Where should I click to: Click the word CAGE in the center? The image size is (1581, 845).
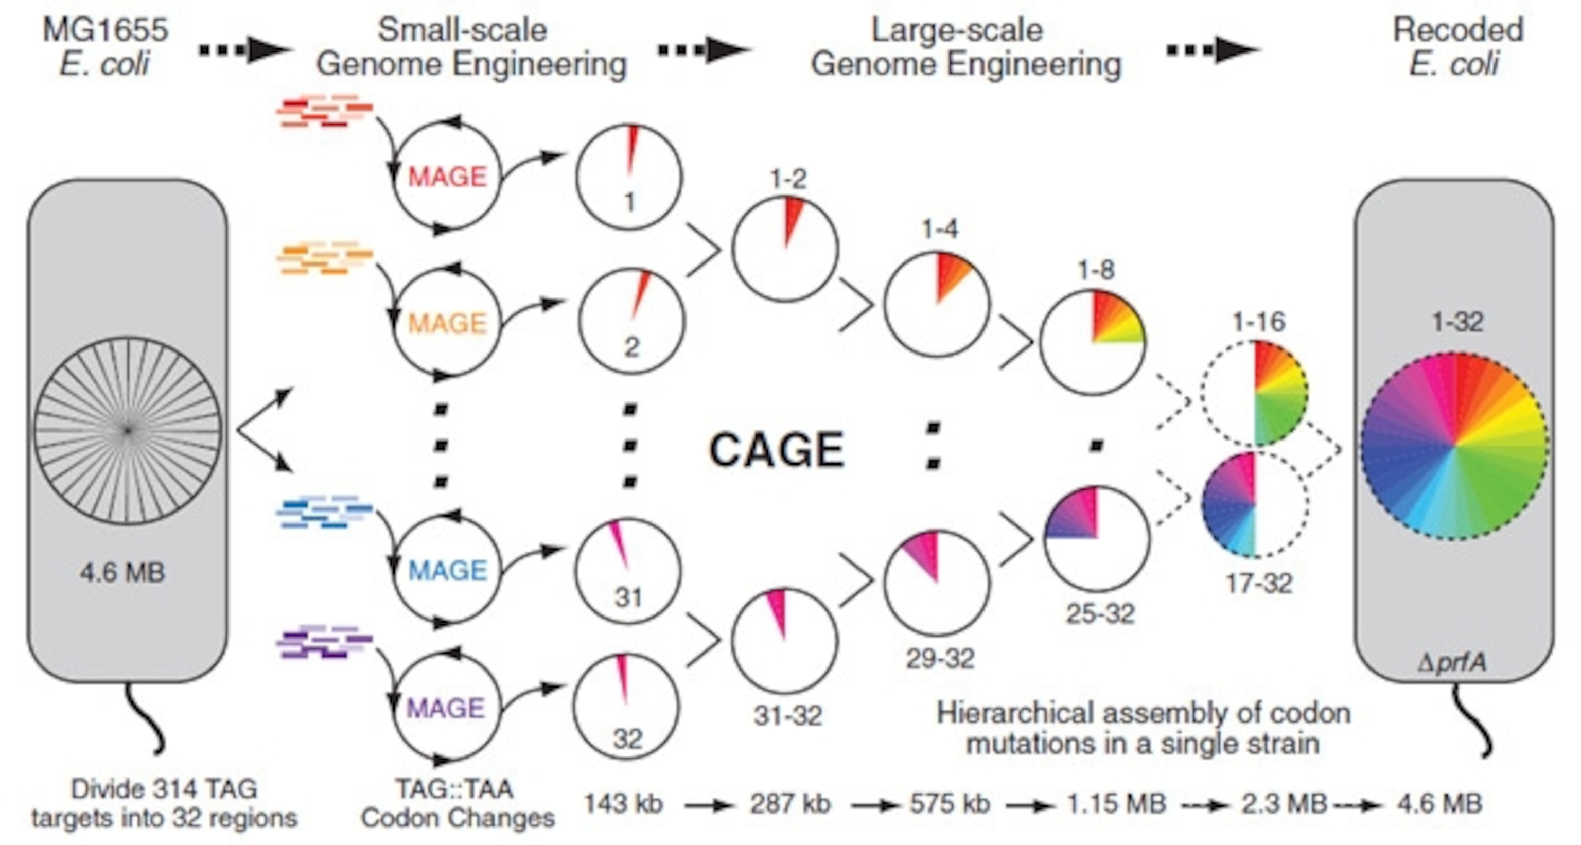click(x=777, y=450)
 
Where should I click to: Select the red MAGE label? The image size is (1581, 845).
click(x=447, y=177)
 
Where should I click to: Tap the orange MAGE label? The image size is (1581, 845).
click(x=447, y=323)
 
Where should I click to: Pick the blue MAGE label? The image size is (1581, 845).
click(x=447, y=571)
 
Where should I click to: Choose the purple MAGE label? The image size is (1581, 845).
click(x=446, y=708)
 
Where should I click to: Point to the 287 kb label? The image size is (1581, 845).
click(x=790, y=803)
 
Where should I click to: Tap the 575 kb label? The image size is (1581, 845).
click(x=950, y=803)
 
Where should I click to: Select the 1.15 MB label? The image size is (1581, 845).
click(x=1116, y=803)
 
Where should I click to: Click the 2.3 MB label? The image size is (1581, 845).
click(x=1285, y=803)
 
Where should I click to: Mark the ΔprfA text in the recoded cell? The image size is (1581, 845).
click(x=1453, y=663)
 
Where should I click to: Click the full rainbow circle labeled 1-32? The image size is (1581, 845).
click(x=1454, y=447)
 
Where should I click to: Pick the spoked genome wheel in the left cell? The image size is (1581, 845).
click(x=127, y=431)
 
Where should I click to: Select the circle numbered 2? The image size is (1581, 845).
click(x=631, y=321)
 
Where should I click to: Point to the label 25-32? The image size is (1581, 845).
click(x=1100, y=613)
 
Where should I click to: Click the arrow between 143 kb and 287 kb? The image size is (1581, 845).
click(x=708, y=805)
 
